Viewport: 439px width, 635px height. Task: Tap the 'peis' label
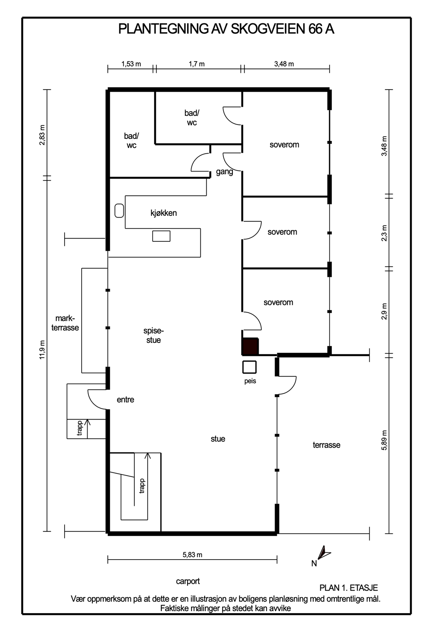(250, 381)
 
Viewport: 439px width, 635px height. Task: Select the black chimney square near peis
(250, 346)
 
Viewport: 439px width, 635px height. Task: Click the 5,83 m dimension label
(192, 555)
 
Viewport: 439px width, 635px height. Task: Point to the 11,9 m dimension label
(42, 350)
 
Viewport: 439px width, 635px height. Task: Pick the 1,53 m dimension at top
(131, 64)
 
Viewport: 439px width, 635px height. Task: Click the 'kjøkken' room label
(164, 213)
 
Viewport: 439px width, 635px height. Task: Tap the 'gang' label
(224, 172)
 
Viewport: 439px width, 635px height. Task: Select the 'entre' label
(125, 400)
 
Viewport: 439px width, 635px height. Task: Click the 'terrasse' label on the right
(326, 445)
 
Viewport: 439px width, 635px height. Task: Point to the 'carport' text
(188, 581)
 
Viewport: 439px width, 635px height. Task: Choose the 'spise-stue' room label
(153, 335)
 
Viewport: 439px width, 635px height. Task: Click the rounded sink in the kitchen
(119, 211)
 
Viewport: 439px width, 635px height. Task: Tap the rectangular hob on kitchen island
(161, 236)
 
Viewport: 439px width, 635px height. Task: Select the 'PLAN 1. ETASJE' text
(349, 588)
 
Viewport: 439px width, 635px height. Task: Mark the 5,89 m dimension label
(384, 440)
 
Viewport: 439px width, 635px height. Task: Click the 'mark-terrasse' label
(65, 323)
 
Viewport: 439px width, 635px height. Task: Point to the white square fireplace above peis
(249, 367)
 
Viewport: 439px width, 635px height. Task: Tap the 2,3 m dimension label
(384, 233)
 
